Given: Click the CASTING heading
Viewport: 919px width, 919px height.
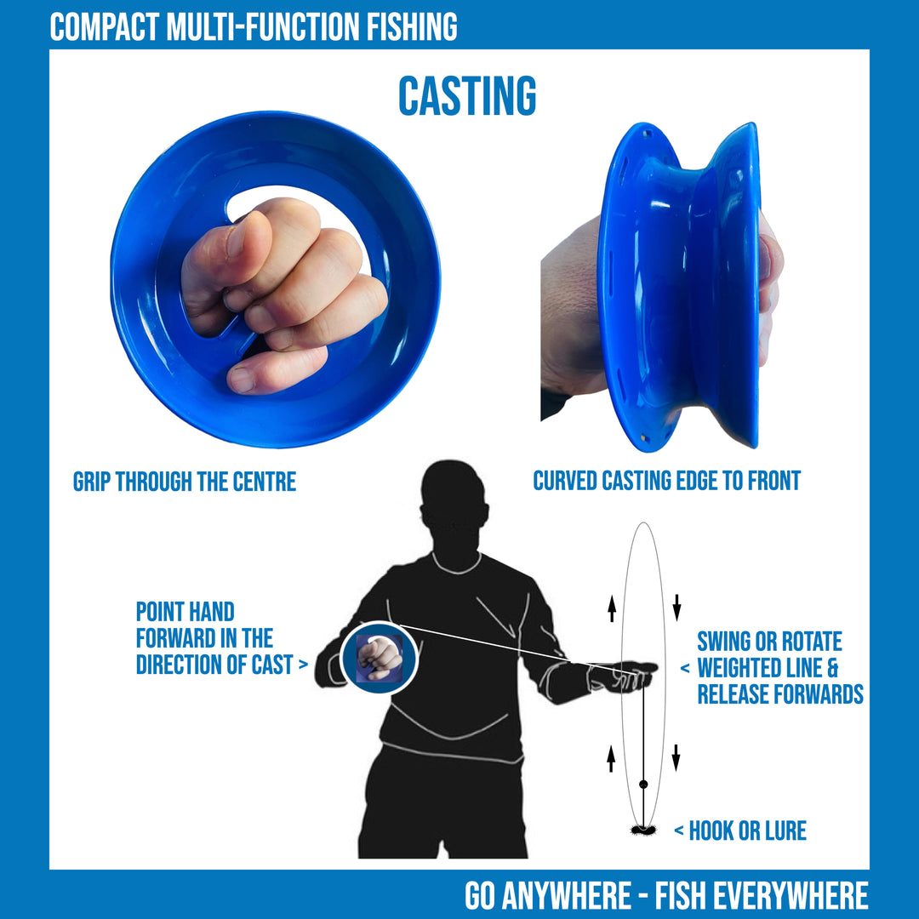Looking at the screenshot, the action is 467,96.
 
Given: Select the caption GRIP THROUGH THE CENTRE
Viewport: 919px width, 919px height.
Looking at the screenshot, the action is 185,482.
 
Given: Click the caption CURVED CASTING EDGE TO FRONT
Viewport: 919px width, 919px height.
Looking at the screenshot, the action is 666,481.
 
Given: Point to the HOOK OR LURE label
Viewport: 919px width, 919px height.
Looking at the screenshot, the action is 747,831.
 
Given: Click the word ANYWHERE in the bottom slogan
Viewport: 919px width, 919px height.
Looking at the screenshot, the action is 567,895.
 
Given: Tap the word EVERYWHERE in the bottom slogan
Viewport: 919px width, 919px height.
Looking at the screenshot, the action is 796,895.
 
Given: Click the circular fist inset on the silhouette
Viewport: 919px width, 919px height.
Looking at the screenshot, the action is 380,658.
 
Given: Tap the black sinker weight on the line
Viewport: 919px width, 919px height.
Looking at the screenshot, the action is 643,785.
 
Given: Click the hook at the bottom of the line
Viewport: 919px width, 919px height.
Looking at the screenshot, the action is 643,830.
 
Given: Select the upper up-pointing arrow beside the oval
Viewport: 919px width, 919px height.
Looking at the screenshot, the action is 612,608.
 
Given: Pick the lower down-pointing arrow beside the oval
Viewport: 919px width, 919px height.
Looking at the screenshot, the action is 676,758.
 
